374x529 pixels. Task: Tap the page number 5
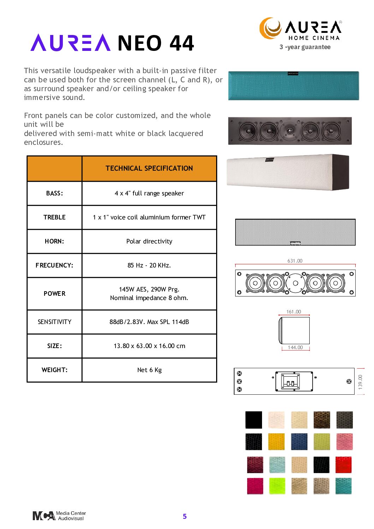click(x=185, y=516)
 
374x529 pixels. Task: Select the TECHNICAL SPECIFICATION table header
click(x=149, y=169)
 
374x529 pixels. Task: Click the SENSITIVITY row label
click(x=54, y=322)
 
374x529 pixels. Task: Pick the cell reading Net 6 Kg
click(x=149, y=370)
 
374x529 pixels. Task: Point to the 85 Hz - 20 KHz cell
click(x=149, y=265)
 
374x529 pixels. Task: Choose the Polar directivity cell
click(x=149, y=241)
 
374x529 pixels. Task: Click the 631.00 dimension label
click(x=295, y=261)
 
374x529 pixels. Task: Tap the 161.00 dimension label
click(x=293, y=312)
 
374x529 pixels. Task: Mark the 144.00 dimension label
click(x=295, y=347)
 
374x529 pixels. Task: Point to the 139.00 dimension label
click(x=360, y=382)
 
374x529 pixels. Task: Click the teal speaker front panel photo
click(x=293, y=86)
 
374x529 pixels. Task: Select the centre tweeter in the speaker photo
click(x=290, y=131)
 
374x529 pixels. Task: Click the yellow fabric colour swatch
click(x=276, y=442)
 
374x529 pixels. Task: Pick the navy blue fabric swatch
click(x=299, y=442)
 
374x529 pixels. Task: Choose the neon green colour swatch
click(x=277, y=486)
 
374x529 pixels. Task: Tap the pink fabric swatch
click(x=344, y=442)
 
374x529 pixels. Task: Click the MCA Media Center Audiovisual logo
click(x=59, y=516)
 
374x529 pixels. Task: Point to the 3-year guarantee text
click(x=305, y=47)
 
